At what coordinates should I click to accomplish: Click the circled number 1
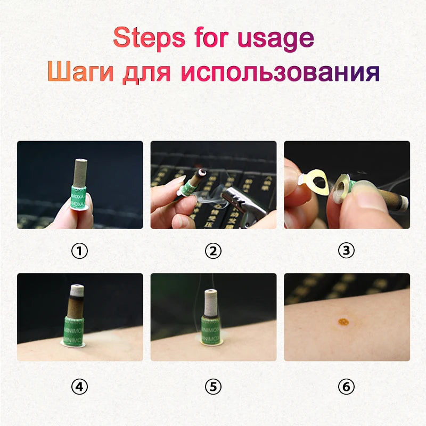tap(79, 250)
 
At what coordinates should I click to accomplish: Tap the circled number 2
tap(213, 250)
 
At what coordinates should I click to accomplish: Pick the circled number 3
tap(347, 250)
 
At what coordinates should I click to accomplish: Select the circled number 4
tap(79, 387)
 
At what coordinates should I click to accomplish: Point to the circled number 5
tap(213, 387)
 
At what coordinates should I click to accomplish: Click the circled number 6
tap(347, 387)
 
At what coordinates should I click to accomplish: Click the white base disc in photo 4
tap(72, 343)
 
